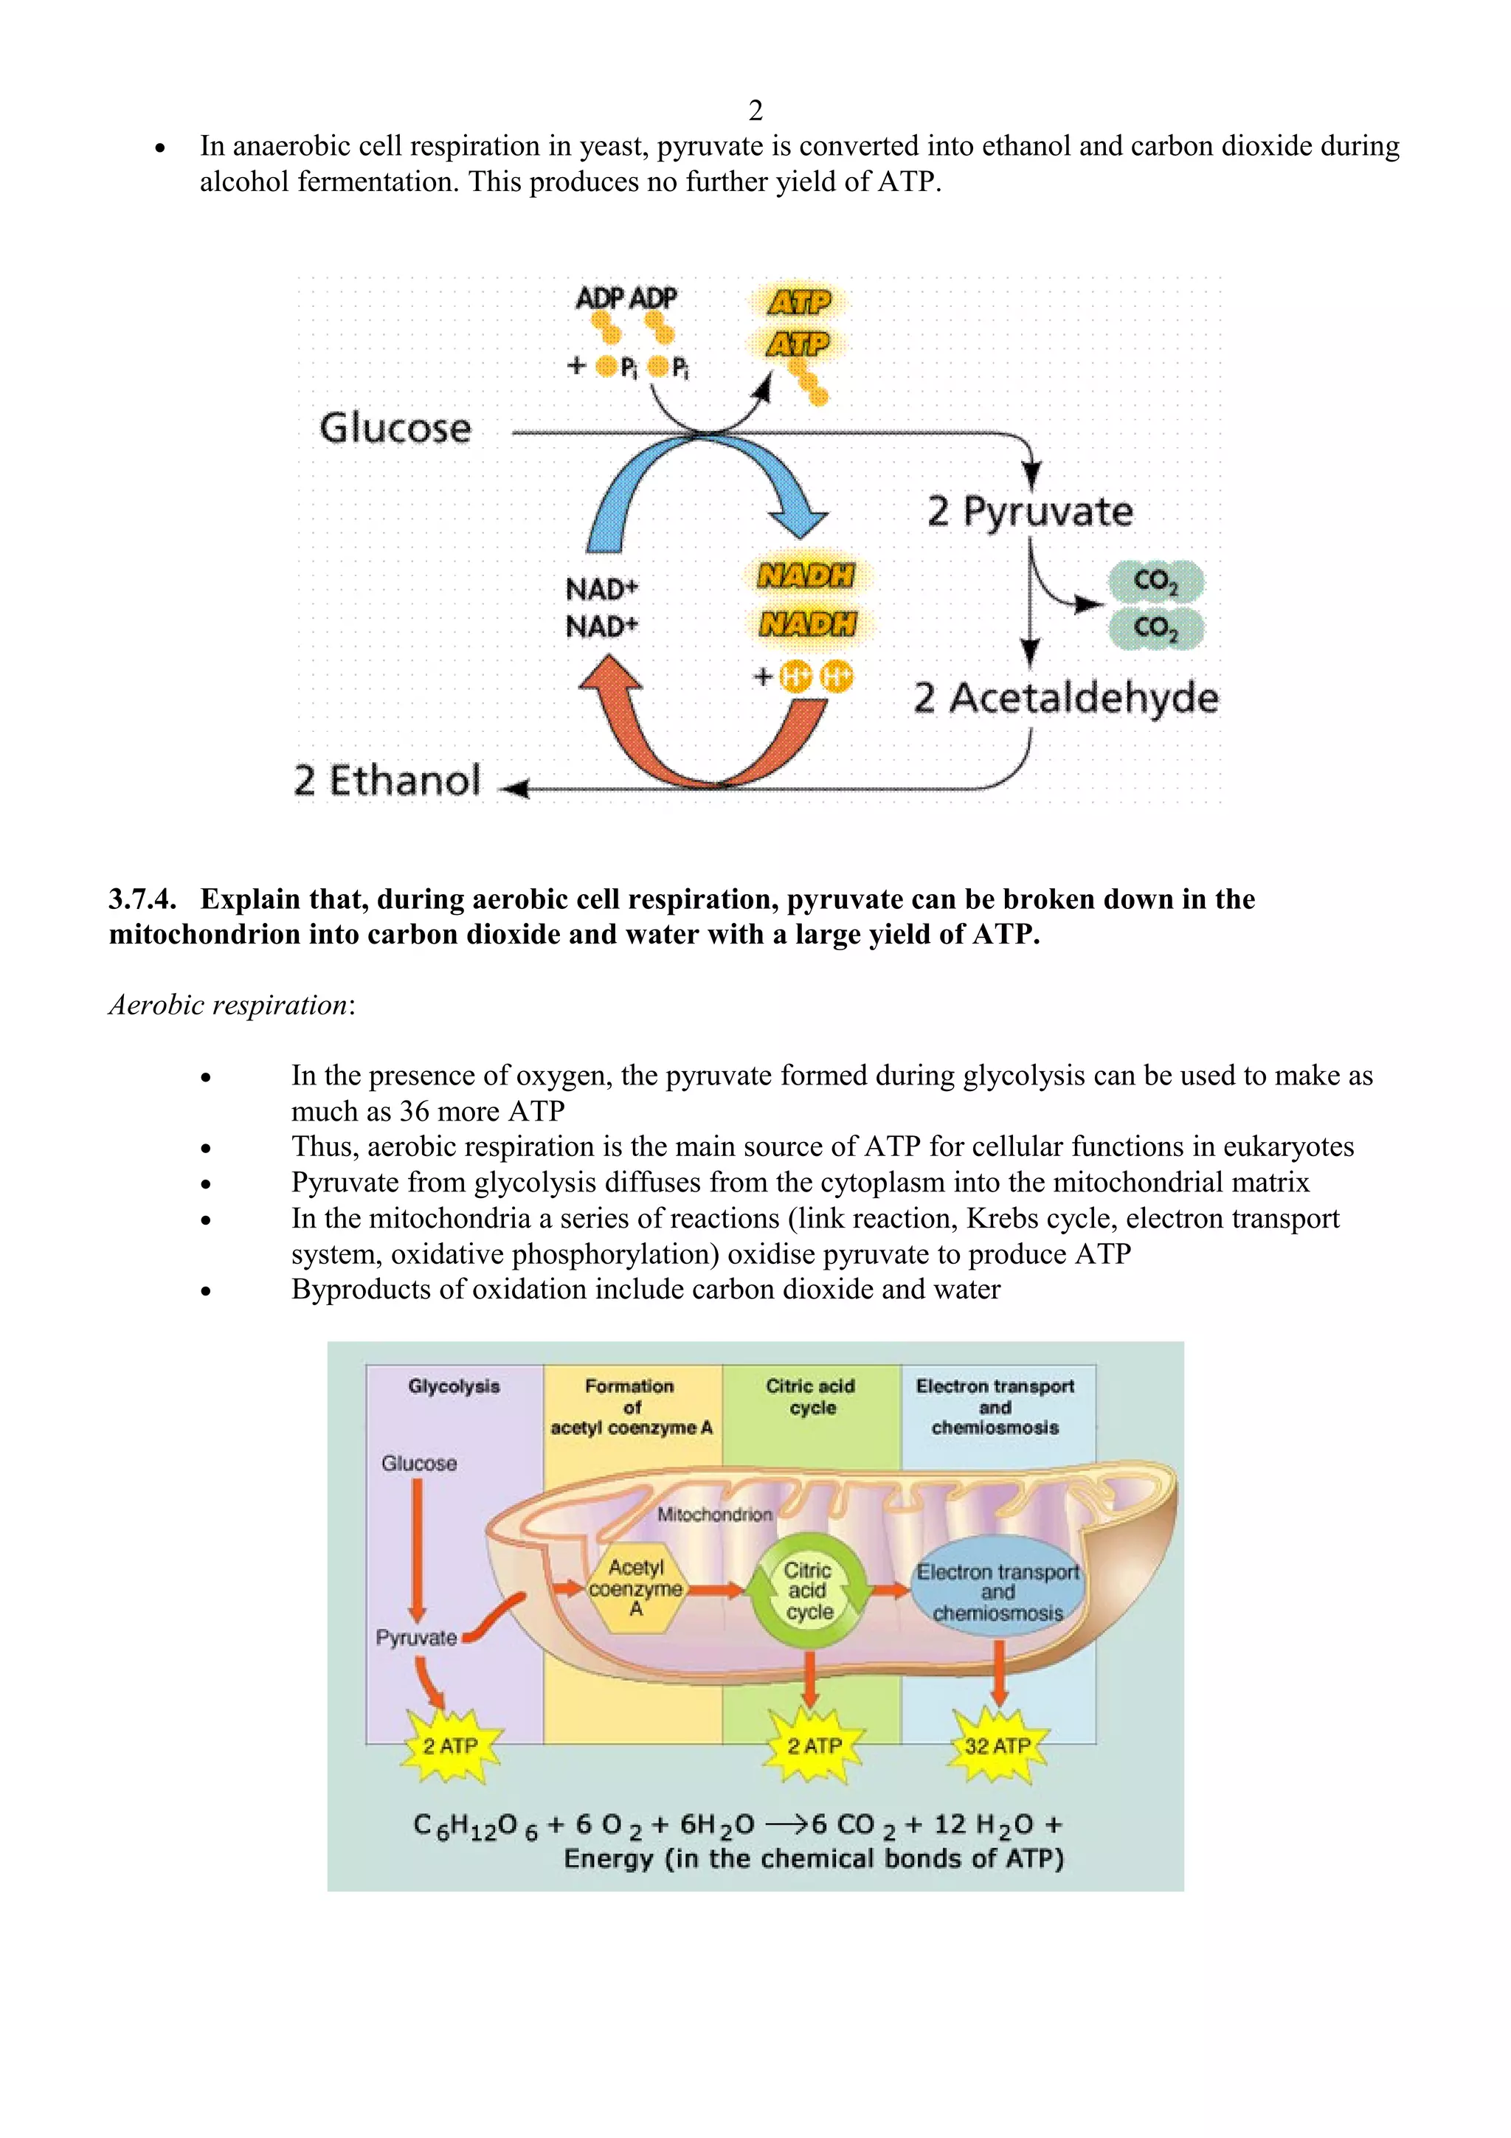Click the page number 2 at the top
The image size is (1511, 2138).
pyautogui.click(x=755, y=111)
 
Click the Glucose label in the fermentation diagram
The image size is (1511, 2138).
pyautogui.click(x=395, y=429)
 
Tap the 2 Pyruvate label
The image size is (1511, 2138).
pyautogui.click(x=1031, y=511)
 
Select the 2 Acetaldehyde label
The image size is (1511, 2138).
pyautogui.click(x=1066, y=697)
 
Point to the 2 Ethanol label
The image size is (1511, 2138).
pyautogui.click(x=387, y=781)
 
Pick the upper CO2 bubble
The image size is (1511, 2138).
pyautogui.click(x=1156, y=581)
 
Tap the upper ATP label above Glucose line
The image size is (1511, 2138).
pyautogui.click(x=799, y=302)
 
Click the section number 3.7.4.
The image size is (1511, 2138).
pyautogui.click(x=142, y=899)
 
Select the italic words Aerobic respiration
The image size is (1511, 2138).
pyautogui.click(x=229, y=1005)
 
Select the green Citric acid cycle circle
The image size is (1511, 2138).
pyautogui.click(x=808, y=1591)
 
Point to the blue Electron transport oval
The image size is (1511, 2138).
pyautogui.click(x=997, y=1591)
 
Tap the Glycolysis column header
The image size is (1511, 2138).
pyautogui.click(x=454, y=1385)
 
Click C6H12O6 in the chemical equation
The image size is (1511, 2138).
pyautogui.click(x=475, y=1825)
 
